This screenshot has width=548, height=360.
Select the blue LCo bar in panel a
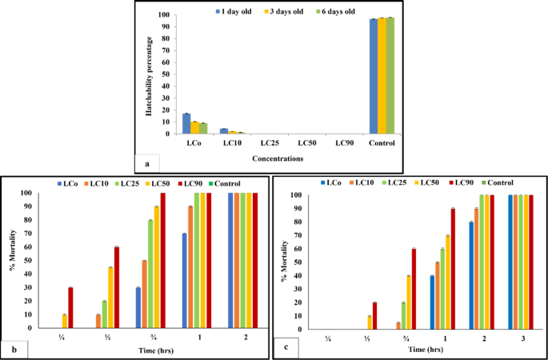click(187, 124)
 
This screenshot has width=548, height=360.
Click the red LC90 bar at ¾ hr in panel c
click(414, 289)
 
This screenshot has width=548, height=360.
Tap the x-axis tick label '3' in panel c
click(520, 338)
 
